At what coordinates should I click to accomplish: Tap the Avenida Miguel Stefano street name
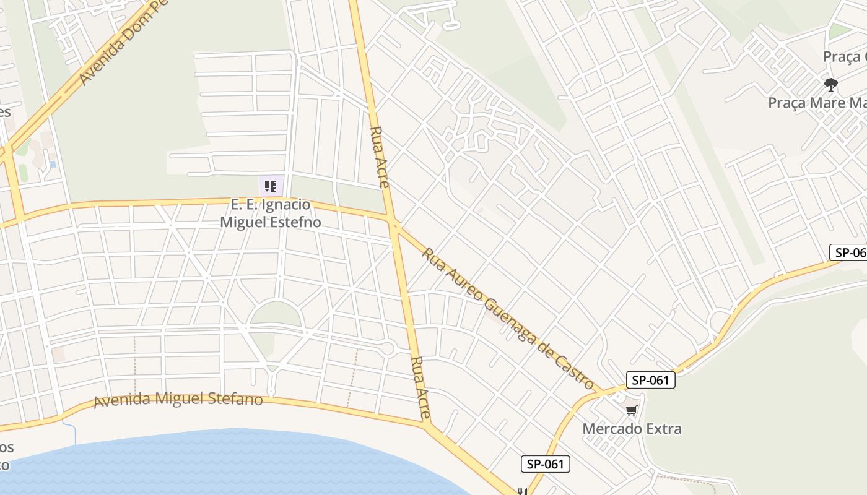point(178,399)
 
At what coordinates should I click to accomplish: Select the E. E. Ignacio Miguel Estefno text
point(271,213)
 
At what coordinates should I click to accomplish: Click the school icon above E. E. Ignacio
point(271,186)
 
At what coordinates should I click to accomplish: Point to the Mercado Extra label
point(632,428)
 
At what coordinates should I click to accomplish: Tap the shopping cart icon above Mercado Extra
point(632,410)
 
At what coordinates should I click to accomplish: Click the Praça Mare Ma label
point(816,102)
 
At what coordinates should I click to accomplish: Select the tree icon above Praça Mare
point(831,84)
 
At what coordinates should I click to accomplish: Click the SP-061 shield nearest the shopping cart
point(650,380)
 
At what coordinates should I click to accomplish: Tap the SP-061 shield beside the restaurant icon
point(545,463)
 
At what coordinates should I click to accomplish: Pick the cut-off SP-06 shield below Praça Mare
point(848,252)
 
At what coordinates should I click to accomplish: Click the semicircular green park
point(276,315)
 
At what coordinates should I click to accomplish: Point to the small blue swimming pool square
point(53,165)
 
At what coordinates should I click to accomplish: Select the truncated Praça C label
point(844,57)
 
